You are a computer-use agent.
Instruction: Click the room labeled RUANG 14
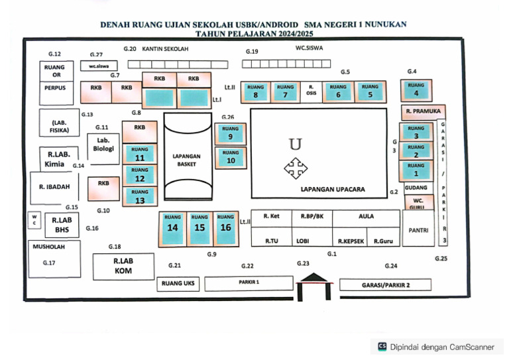pyautogui.click(x=172, y=227)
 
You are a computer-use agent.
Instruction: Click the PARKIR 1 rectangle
pyautogui.click(x=249, y=284)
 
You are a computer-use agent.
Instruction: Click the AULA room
pyautogui.click(x=366, y=217)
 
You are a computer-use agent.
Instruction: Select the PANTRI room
pyautogui.click(x=418, y=231)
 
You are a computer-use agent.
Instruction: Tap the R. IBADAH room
pyautogui.click(x=54, y=187)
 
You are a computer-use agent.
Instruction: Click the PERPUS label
pyautogui.click(x=55, y=88)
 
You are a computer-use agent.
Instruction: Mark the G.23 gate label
pyautogui.click(x=303, y=263)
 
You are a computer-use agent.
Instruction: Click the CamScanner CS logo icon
pyautogui.click(x=382, y=346)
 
